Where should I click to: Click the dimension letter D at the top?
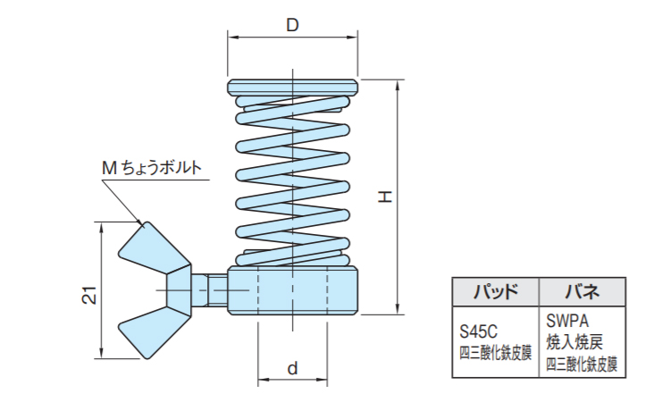pos(292,25)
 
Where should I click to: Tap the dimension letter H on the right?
pos(384,196)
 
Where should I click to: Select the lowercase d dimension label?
pos(292,368)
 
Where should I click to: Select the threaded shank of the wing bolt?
pos(210,289)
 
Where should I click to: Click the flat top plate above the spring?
pos(293,87)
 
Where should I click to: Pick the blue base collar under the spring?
pos(293,290)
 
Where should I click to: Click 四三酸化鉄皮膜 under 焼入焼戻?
pos(582,364)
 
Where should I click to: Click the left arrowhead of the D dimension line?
pos(232,37)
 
